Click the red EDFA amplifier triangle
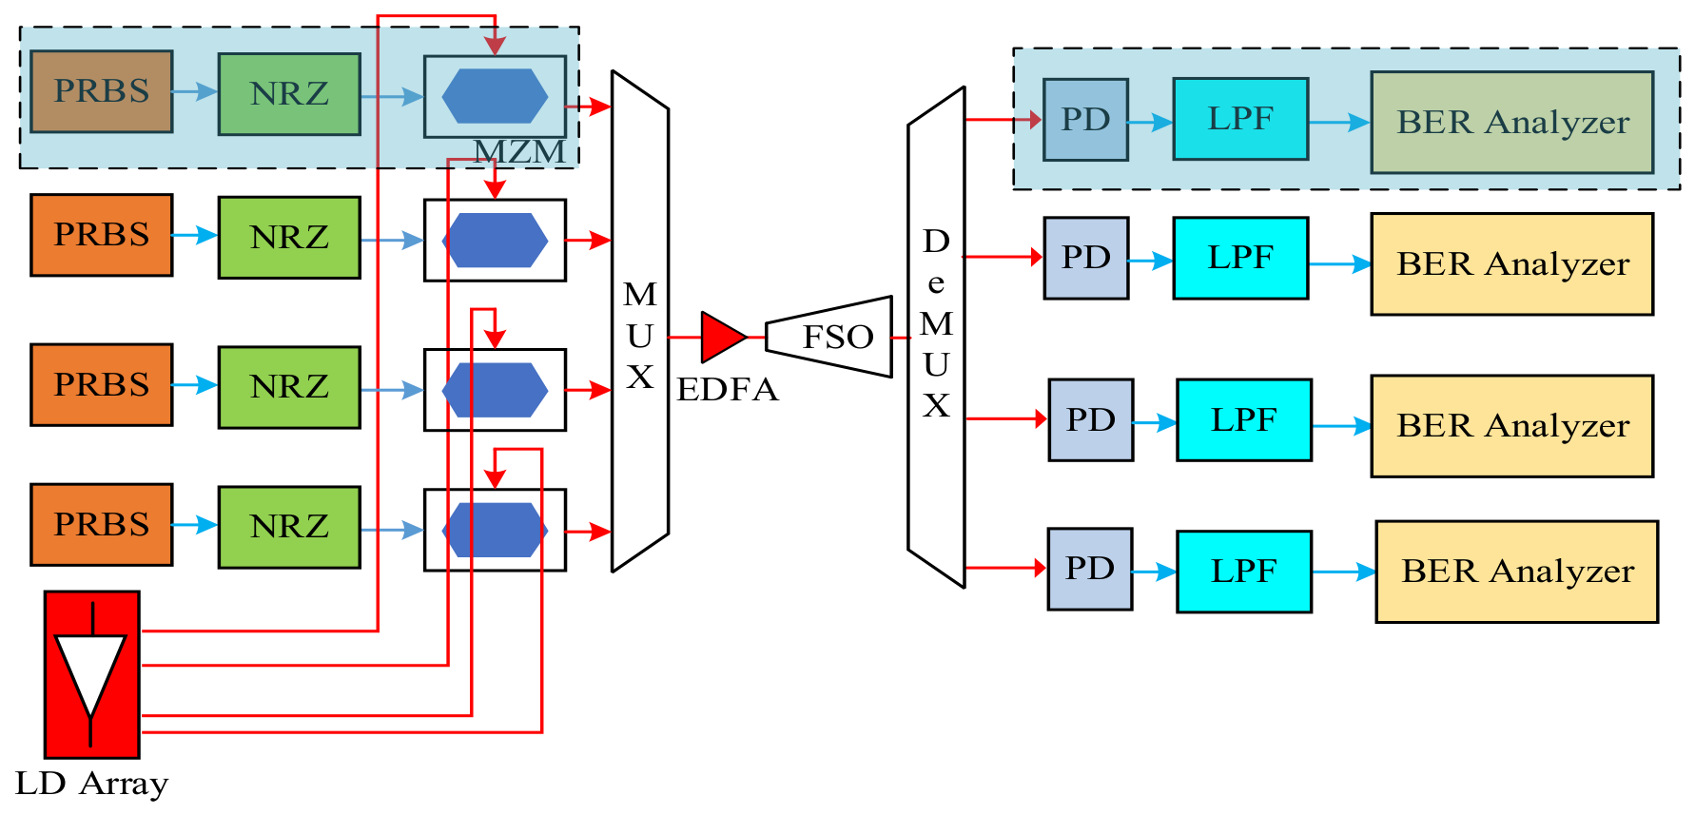[x=723, y=337]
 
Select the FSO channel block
[x=828, y=337]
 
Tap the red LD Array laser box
[x=92, y=674]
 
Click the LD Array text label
[x=92, y=784]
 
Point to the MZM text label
[x=519, y=151]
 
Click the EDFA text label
[x=728, y=389]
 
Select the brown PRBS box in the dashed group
[x=102, y=91]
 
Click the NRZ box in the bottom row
[x=289, y=527]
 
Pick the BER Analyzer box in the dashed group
[x=1512, y=123]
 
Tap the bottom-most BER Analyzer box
[x=1517, y=572]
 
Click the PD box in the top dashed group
[x=1085, y=120]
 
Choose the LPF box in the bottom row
[x=1244, y=572]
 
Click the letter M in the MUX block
[x=640, y=295]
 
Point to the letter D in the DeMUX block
[x=936, y=242]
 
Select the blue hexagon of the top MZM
[x=495, y=96]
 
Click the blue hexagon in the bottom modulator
[x=495, y=530]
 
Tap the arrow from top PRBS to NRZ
[x=195, y=91]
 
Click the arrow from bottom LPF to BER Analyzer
[x=1344, y=572]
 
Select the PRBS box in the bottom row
[x=102, y=525]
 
